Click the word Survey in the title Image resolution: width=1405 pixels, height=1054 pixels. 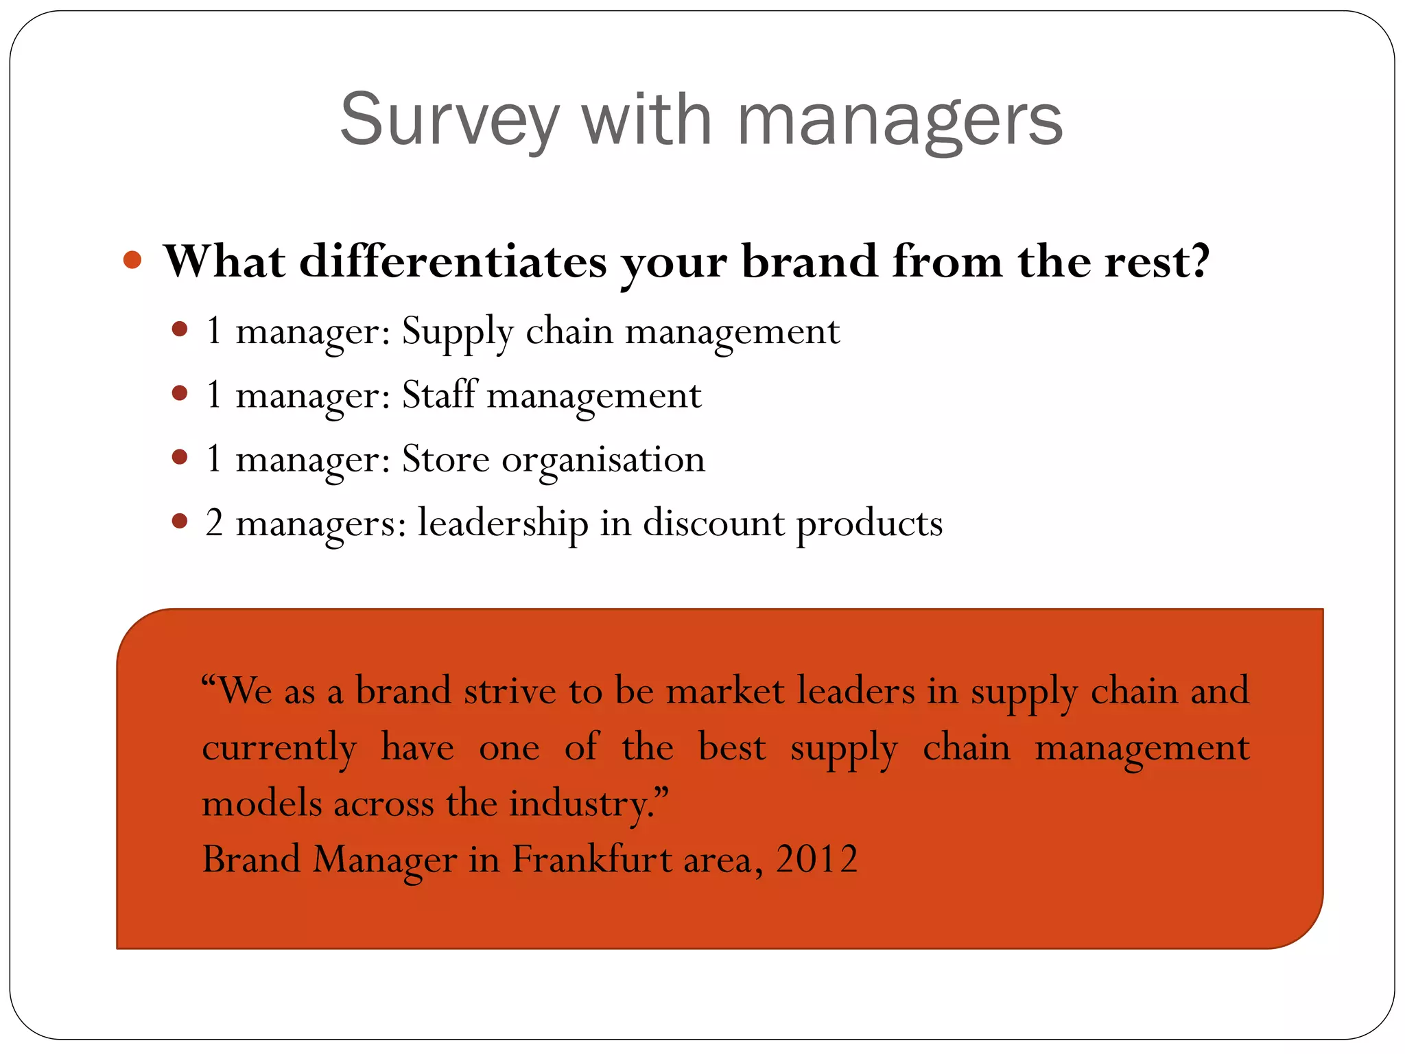coord(449,120)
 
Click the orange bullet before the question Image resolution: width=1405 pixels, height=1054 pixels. coord(132,260)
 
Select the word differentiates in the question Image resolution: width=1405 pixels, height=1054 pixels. coord(453,261)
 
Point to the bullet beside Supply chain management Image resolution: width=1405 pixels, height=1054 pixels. coord(180,329)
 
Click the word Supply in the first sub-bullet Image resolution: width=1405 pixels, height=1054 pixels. coord(457,332)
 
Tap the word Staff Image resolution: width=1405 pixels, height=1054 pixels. coord(438,395)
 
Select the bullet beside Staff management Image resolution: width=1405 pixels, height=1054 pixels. coord(180,393)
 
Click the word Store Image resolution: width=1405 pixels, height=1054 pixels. coord(445,458)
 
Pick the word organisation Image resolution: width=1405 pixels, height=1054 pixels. coord(603,460)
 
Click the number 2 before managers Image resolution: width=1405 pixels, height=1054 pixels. coord(214,523)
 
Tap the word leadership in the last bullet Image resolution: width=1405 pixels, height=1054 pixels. coord(503,524)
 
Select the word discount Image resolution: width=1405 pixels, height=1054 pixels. coord(713,523)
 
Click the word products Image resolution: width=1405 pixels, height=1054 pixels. coord(869,524)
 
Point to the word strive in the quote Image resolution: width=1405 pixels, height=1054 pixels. coord(510,690)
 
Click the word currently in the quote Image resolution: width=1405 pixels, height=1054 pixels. coord(279,748)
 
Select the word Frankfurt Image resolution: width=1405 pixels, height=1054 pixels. coord(592,859)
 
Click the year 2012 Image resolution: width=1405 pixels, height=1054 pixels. coord(816,859)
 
